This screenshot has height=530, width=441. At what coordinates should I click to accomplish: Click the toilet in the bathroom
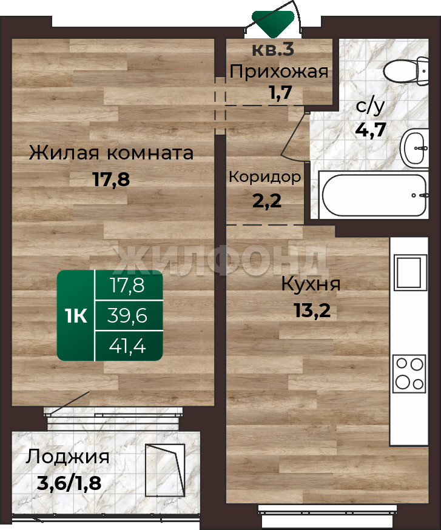click(406, 71)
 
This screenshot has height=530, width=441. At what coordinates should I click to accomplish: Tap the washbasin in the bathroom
click(414, 148)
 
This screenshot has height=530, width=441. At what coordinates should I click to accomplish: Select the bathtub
click(374, 195)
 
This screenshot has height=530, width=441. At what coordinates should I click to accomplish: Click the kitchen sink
click(411, 272)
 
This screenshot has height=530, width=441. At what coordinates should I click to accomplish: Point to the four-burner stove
click(409, 373)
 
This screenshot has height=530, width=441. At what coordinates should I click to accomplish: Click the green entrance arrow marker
click(273, 23)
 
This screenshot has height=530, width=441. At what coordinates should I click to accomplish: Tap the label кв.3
click(273, 50)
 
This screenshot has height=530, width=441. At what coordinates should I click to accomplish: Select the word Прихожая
click(279, 72)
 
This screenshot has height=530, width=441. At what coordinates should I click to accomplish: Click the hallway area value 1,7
click(280, 93)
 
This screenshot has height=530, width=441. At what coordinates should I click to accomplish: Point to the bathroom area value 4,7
click(371, 129)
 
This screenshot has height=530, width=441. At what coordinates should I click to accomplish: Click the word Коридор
click(265, 177)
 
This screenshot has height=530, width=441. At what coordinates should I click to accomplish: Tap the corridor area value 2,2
click(267, 201)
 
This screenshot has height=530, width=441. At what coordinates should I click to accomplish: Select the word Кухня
click(311, 284)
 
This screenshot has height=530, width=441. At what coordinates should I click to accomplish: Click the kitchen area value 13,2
click(312, 310)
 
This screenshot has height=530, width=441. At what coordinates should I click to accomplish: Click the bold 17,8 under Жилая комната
click(111, 179)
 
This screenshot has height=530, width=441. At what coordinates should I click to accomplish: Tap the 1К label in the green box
click(76, 316)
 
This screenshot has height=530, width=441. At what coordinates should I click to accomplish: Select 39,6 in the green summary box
click(127, 316)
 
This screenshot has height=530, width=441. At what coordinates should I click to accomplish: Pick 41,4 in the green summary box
click(127, 346)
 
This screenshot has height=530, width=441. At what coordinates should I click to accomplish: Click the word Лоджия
click(68, 457)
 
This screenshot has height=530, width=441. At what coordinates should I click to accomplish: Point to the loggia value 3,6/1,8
click(69, 483)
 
